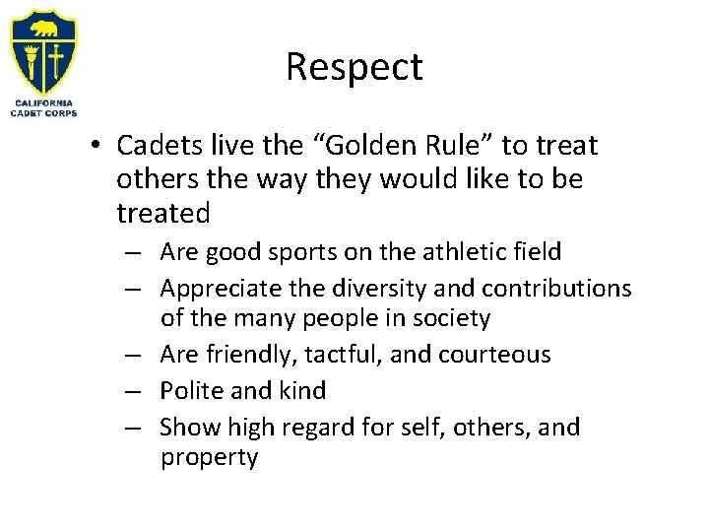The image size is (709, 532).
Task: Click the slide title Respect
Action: (354, 67)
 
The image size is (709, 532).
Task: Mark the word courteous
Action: (497, 354)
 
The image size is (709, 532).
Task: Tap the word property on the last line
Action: (209, 458)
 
